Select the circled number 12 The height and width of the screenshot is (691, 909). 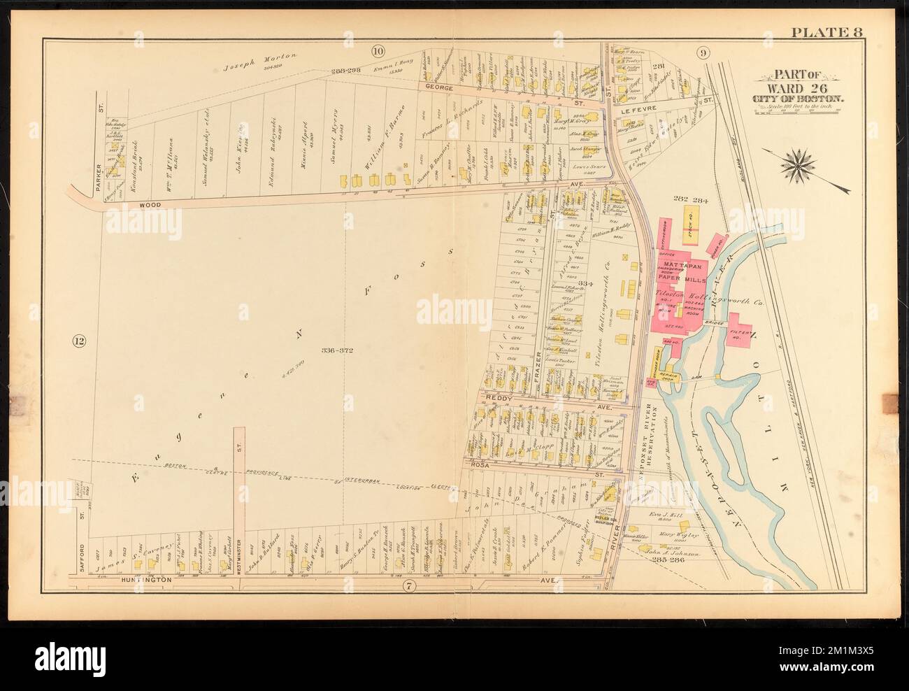tap(79, 342)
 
